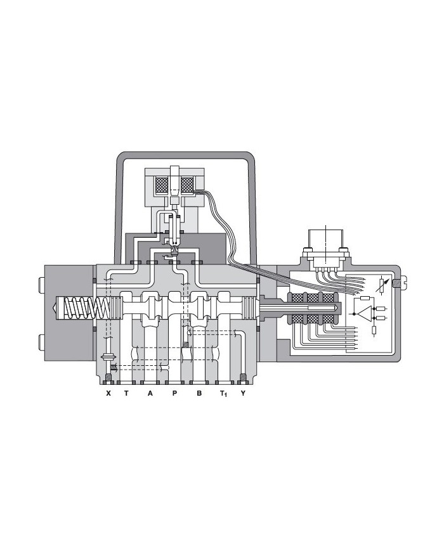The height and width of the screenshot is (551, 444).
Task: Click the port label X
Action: coord(108,394)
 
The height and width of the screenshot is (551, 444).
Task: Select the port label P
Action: coord(174,394)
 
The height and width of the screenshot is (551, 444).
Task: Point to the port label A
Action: coord(150,394)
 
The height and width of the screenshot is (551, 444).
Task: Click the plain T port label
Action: coord(126,394)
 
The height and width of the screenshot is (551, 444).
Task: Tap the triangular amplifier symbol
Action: coord(363,313)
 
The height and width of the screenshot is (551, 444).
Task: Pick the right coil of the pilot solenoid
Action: coord(188,185)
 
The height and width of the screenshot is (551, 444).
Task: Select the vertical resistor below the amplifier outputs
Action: coord(374,329)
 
